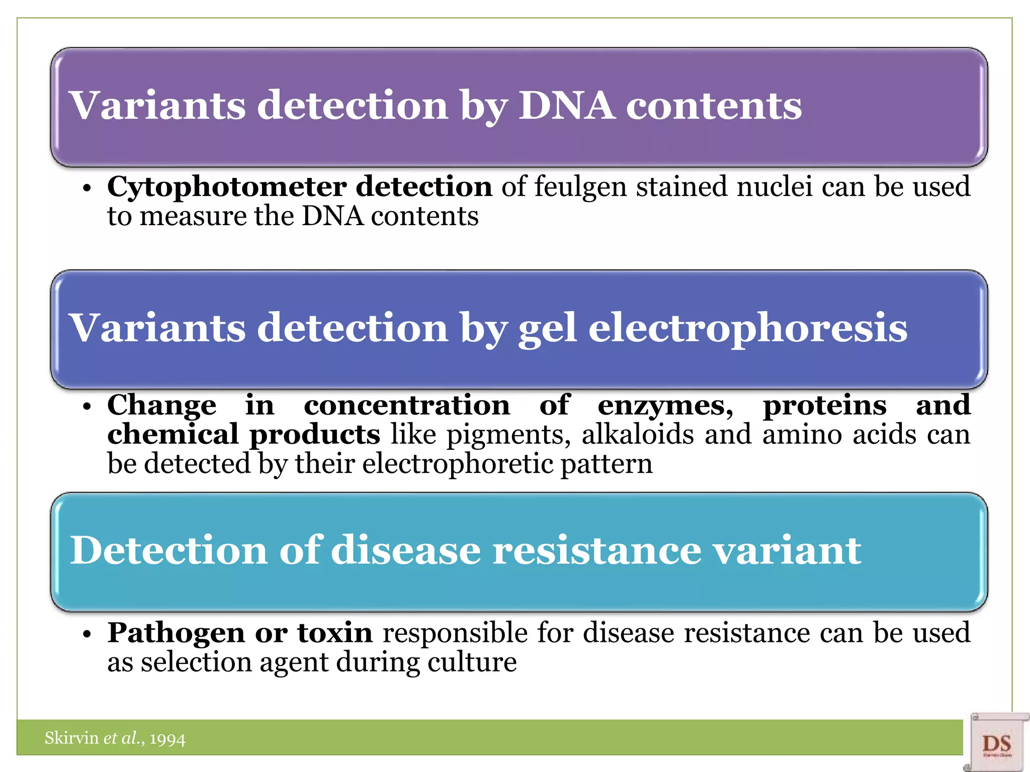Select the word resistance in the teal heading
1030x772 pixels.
596,550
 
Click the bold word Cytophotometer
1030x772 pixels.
226,187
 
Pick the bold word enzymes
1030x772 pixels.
665,405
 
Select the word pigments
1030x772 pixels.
508,435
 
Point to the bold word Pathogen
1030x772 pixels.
176,633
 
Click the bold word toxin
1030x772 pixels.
334,633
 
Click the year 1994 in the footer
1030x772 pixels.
167,739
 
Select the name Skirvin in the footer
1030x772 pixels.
71,738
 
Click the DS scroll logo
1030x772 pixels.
996,743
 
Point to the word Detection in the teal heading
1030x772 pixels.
168,550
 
